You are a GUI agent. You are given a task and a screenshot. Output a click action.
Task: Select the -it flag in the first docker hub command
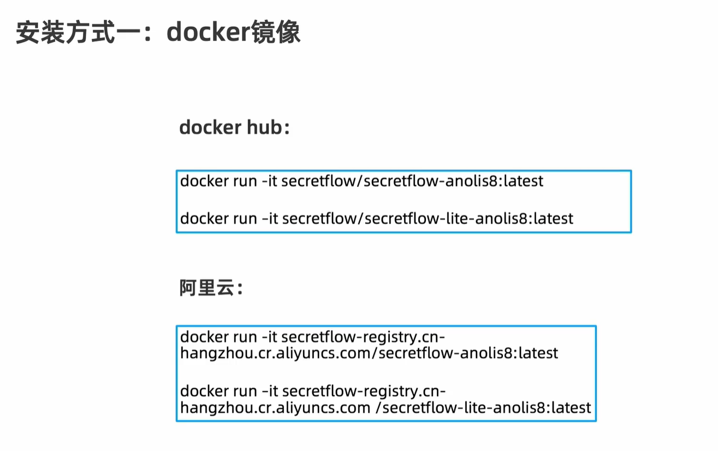(270, 181)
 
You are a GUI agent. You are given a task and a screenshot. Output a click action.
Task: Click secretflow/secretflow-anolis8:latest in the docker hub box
(413, 181)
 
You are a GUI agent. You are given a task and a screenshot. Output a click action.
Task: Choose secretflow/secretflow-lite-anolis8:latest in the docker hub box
(428, 219)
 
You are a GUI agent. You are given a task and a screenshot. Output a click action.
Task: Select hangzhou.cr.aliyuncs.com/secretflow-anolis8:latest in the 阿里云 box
(369, 353)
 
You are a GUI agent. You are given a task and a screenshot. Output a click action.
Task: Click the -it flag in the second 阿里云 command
(270, 391)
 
